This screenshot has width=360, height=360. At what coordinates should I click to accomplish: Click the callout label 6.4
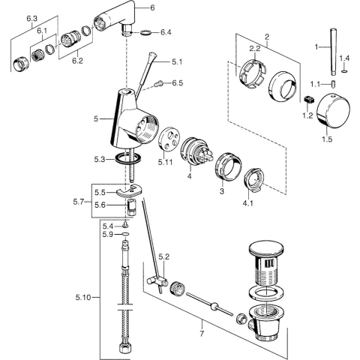click(166, 32)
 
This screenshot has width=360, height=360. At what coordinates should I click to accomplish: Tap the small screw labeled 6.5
click(158, 84)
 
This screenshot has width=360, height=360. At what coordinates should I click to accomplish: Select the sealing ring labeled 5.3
click(128, 159)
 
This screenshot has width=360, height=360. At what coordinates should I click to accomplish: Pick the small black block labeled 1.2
click(309, 100)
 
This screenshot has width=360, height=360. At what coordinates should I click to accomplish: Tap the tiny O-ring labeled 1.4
click(344, 72)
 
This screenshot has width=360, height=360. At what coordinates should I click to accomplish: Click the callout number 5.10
click(83, 298)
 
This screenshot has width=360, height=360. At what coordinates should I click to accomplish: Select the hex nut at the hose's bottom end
click(125, 347)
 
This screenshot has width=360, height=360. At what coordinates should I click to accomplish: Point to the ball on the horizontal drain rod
click(214, 306)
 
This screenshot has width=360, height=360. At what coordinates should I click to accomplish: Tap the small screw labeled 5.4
click(125, 226)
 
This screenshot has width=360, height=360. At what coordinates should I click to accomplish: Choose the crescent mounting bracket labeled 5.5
click(129, 190)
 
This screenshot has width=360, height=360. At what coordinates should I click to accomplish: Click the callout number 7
click(202, 333)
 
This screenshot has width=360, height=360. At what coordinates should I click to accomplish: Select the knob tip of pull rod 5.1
click(152, 55)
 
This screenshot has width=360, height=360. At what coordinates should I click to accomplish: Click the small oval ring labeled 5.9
click(125, 234)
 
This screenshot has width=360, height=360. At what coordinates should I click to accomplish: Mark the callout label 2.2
click(255, 49)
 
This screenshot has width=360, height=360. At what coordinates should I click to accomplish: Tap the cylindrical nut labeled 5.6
click(130, 207)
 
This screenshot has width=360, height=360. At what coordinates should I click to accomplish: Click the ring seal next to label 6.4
click(145, 32)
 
